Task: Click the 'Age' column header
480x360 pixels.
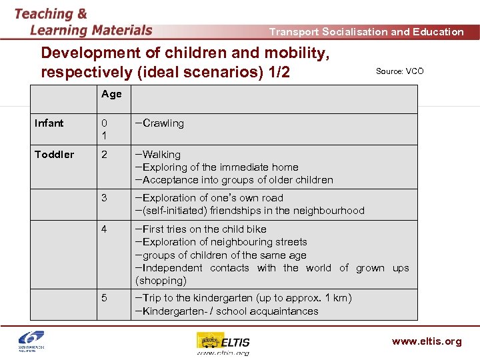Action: pos(111,94)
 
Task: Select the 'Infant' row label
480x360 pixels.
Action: pos(49,123)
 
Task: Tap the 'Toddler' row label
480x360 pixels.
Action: pos(54,155)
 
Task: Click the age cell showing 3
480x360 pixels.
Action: pos(104,198)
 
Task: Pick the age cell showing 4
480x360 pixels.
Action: pos(104,229)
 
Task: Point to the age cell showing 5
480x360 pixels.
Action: pos(104,298)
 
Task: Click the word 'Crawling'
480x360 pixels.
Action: pos(163,123)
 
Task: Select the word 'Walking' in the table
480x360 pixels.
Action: pos(161,155)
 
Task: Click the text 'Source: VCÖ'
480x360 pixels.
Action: pos(399,71)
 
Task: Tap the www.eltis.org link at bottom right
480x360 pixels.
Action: pos(427,341)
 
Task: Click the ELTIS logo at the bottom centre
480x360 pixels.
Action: pos(223,343)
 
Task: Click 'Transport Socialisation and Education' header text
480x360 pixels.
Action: pos(366,31)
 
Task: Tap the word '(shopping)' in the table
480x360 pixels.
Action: pos(161,281)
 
